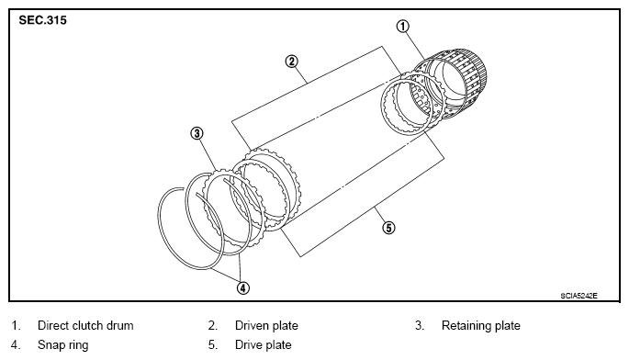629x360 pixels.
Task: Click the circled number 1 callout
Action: click(x=403, y=27)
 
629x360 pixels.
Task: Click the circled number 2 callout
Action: click(x=292, y=62)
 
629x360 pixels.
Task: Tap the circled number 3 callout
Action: click(x=197, y=133)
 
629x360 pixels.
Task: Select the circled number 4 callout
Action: click(x=243, y=287)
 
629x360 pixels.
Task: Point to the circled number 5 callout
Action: click(x=388, y=228)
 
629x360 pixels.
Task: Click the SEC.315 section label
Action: click(x=42, y=20)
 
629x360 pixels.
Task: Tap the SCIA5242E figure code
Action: click(x=578, y=296)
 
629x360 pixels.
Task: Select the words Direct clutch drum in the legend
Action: click(x=85, y=325)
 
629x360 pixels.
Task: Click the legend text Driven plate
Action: click(x=266, y=325)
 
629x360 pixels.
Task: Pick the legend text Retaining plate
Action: click(x=480, y=325)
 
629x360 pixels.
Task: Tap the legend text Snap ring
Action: click(x=63, y=345)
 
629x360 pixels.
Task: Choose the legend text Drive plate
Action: click(x=264, y=344)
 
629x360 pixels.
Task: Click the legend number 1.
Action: click(x=16, y=325)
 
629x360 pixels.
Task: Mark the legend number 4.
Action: click(x=16, y=344)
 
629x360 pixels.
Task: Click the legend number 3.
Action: click(x=420, y=325)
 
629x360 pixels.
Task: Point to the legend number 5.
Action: click(x=213, y=344)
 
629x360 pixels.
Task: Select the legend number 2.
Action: click(x=213, y=325)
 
